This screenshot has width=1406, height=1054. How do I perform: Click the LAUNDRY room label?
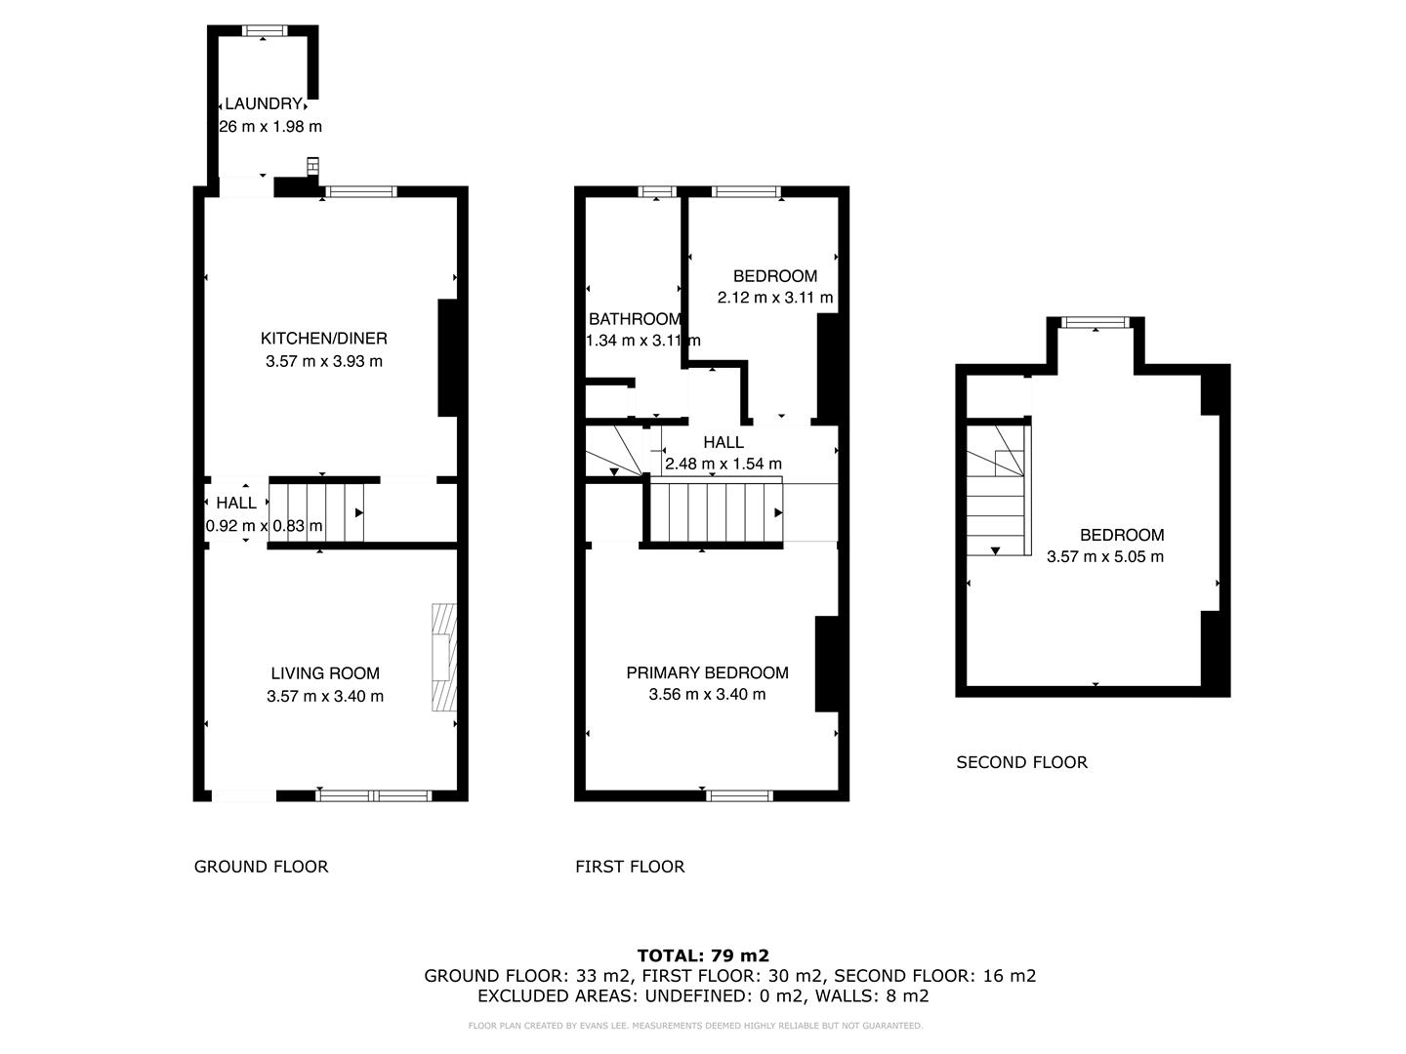263,103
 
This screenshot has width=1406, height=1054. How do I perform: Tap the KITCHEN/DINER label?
323,339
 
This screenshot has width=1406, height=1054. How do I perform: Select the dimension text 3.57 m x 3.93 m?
323,361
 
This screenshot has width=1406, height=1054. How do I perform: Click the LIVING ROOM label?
325,673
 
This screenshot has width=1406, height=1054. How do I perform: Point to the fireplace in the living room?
443,657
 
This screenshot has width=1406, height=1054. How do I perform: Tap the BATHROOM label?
635,319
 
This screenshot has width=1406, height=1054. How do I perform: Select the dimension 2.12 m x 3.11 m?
775,298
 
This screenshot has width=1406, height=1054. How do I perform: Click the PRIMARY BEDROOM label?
707,672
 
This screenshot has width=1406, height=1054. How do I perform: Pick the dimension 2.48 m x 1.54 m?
723,464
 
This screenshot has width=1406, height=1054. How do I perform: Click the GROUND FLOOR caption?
261,867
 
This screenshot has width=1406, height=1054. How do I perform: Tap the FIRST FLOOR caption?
630,867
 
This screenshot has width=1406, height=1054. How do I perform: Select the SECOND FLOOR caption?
1021,762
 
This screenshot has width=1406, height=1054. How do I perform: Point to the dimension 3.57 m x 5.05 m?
1105,557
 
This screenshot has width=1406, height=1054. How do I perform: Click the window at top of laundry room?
262,30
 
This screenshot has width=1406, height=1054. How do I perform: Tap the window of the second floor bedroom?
1096,322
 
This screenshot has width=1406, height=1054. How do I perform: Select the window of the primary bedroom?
740,795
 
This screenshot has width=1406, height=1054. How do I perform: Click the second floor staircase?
999,490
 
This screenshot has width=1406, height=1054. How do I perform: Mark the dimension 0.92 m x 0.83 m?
264,526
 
